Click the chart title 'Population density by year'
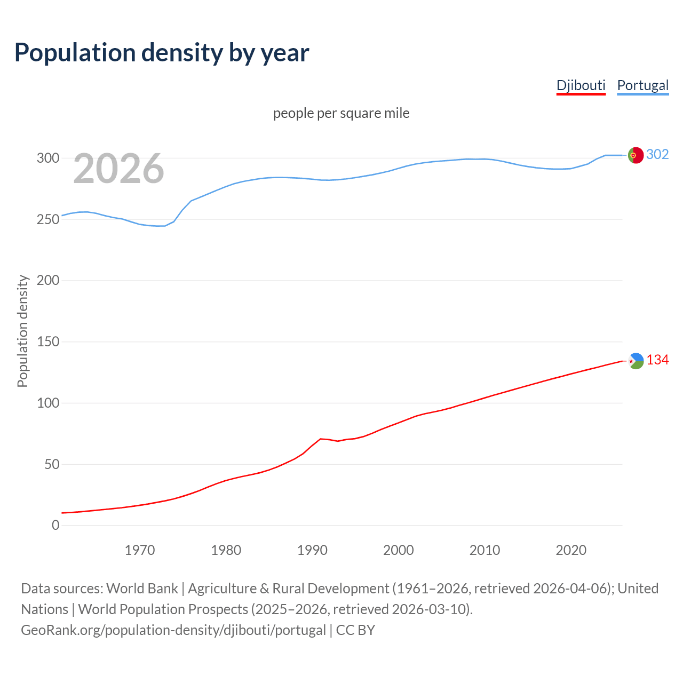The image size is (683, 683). pos(162,53)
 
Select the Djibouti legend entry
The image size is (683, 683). pos(581,85)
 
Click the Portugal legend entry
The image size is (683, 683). pos(642,85)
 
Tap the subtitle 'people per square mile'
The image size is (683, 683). pos(341,113)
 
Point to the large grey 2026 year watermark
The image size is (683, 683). pos(118,169)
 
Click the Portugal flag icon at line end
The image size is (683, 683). pos(636,155)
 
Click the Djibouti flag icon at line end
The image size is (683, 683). pos(636,361)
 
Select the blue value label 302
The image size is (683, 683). pos(657,155)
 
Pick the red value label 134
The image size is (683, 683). pos(657,360)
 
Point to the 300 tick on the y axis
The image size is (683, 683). pos(48,158)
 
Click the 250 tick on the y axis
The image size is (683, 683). pos(48,219)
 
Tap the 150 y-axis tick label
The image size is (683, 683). pos(48,341)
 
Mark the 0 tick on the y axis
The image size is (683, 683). pos(55,525)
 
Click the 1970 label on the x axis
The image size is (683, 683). pos(140,550)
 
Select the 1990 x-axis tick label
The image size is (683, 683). pos(312,550)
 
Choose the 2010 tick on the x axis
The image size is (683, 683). pos(485,550)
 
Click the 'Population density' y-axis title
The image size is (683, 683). pos(22,331)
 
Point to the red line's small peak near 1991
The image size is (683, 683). pos(320,439)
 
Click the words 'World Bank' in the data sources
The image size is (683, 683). pos(142,589)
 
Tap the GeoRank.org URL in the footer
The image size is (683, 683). pos(173,630)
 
